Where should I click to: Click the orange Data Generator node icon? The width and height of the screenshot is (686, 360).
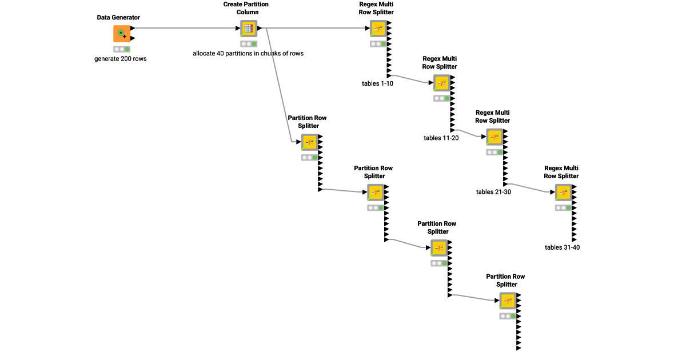pos(121,34)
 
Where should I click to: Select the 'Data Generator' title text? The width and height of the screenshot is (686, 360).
pos(118,18)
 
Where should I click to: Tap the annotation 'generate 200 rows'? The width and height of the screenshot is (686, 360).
pos(120,58)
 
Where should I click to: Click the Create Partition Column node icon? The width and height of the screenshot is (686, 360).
pos(249,29)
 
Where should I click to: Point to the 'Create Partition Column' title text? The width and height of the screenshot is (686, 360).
pos(246,8)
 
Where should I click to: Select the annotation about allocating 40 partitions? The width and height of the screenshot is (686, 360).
pos(248,53)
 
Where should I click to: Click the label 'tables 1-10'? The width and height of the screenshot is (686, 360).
pos(377,83)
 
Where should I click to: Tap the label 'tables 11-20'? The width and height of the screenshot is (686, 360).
pos(441,138)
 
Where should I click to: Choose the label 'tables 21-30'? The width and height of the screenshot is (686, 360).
pos(493,191)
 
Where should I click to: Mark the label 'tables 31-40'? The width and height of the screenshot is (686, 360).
pos(563,247)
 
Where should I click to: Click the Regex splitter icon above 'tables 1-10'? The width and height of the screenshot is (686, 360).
pos(377,29)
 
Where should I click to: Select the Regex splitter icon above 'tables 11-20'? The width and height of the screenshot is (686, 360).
pos(441,83)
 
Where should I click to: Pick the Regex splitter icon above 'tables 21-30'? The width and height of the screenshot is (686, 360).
pos(494,137)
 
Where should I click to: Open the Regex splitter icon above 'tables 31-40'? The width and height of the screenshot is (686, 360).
pos(563,193)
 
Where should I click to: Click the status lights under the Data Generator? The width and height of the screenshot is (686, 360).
pos(121,49)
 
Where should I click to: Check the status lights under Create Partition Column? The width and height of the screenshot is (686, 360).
pos(249,43)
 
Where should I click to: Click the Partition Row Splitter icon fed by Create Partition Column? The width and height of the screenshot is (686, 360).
pos(309,142)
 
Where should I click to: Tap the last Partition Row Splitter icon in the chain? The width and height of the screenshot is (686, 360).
pos(508,301)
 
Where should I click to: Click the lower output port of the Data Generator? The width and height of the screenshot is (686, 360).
pos(133,38)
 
